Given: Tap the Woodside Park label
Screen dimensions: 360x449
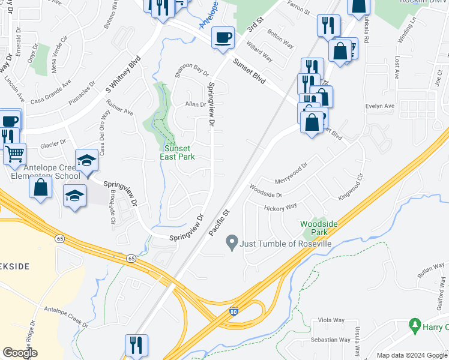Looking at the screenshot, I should click(315, 228).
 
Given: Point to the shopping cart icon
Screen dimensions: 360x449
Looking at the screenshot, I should click(14, 154).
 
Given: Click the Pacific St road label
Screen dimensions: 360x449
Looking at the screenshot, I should click(219, 221).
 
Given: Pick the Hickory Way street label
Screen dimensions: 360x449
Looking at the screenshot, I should click(280, 208).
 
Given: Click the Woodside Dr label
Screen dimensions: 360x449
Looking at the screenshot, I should click(265, 190).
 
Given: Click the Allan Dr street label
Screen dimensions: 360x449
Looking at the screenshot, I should click(196, 104).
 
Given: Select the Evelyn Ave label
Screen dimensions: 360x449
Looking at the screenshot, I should click(380, 106).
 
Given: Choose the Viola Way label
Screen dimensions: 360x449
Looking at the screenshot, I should click(331, 320).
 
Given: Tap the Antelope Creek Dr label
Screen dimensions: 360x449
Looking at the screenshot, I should click(65, 317).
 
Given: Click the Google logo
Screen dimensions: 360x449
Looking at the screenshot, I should click(20, 353).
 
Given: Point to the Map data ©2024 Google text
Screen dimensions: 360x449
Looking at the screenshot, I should click(412, 355).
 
